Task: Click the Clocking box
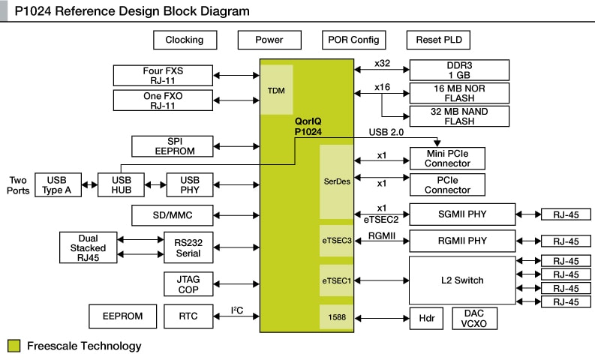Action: pyautogui.click(x=185, y=40)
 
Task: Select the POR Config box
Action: pyautogui.click(x=354, y=40)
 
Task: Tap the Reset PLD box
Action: pyautogui.click(x=439, y=40)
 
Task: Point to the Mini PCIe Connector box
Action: pyautogui.click(x=446, y=158)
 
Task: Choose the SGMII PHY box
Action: pyautogui.click(x=462, y=214)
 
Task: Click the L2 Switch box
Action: pyautogui.click(x=462, y=280)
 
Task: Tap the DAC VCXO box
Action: pyautogui.click(x=474, y=318)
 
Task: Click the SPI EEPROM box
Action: pyautogui.click(x=170, y=146)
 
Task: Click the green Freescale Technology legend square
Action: pyautogui.click(x=14, y=346)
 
